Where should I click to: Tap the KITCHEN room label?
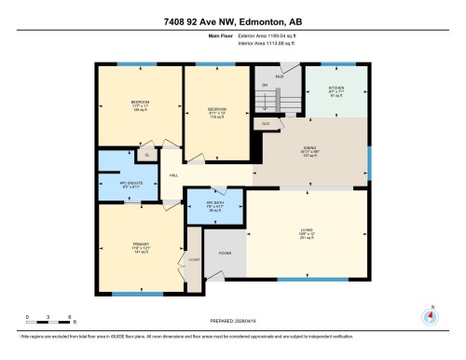pyautogui.click(x=336, y=90)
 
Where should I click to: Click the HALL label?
pyautogui.click(x=173, y=176)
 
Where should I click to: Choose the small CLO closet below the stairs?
pyautogui.click(x=267, y=122)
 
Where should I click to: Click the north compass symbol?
pyautogui.click(x=430, y=315)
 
